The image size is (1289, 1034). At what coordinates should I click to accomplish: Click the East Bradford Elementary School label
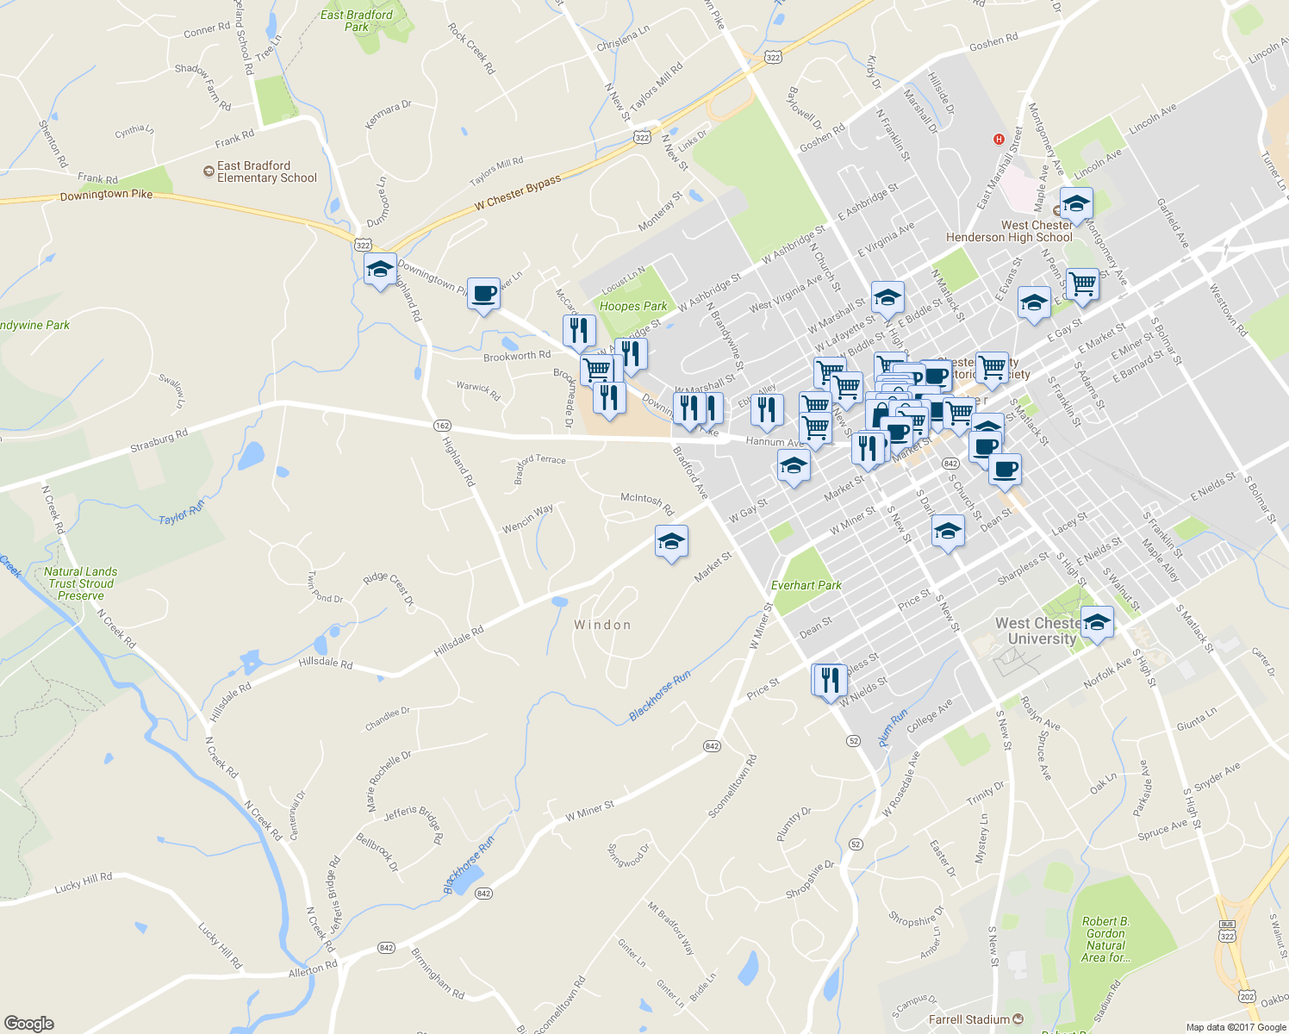click(266, 171)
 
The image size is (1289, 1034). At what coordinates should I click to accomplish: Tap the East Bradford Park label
click(357, 21)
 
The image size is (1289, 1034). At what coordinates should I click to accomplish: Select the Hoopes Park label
click(633, 306)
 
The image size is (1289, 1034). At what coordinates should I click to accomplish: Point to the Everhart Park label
click(806, 585)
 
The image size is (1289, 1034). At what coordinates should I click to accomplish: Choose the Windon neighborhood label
click(602, 625)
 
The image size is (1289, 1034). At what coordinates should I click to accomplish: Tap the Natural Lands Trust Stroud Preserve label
click(81, 583)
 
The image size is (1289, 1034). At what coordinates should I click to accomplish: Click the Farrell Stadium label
click(969, 1019)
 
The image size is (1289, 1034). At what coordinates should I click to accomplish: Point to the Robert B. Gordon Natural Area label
click(1105, 939)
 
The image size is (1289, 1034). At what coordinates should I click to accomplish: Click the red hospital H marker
click(999, 139)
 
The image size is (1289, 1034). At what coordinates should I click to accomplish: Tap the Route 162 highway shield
click(442, 426)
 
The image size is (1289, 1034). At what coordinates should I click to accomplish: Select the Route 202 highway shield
click(1247, 996)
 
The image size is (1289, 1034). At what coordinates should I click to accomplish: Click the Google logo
click(28, 1023)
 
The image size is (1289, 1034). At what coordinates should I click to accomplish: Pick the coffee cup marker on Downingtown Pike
click(483, 294)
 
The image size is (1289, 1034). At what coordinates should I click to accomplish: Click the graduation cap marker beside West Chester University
click(1097, 622)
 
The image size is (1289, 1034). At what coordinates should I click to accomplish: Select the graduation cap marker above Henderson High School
click(1076, 204)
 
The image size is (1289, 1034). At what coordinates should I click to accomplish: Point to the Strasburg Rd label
click(159, 441)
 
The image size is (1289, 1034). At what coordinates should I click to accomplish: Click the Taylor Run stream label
click(182, 513)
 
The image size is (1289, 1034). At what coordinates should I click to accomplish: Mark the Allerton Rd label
click(313, 969)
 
